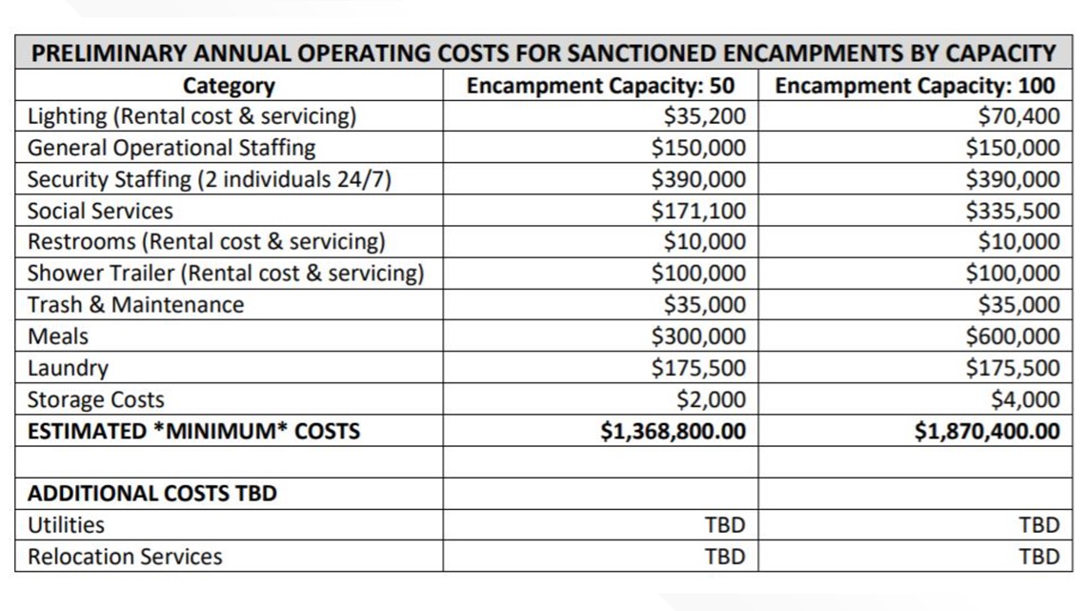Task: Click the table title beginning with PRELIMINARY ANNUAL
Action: [544, 53]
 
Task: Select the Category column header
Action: [229, 86]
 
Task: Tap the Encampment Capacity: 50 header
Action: [600, 85]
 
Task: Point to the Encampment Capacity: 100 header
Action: [915, 85]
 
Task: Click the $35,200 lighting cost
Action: [704, 115]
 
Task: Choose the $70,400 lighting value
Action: [1018, 115]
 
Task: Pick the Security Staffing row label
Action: [210, 179]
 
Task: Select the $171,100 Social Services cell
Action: [698, 211]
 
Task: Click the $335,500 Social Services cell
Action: [1013, 211]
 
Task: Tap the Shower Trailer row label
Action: [225, 273]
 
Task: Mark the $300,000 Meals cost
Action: [698, 336]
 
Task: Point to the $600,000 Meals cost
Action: [1013, 336]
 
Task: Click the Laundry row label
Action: [68, 369]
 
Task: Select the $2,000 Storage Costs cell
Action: [712, 399]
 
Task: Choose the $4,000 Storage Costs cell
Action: [1026, 399]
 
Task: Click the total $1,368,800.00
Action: [674, 431]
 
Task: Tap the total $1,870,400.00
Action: [987, 431]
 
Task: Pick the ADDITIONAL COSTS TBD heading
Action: [152, 493]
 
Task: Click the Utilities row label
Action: [66, 525]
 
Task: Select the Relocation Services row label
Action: [125, 557]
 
